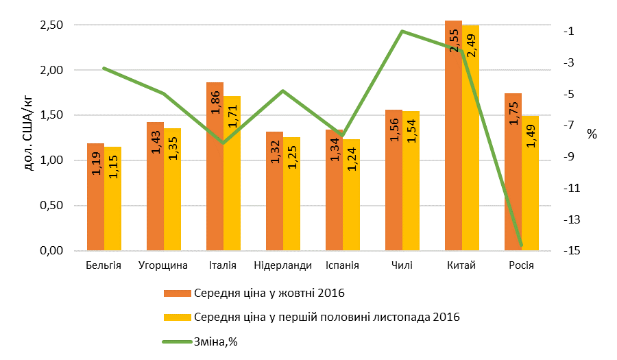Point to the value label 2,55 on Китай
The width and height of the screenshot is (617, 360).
coord(454,40)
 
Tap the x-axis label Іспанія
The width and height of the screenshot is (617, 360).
coord(343,265)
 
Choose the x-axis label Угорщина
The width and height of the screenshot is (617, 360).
coord(163,265)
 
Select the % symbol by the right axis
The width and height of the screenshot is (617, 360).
coord(592,134)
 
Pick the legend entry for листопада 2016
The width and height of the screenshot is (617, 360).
coord(326,317)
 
